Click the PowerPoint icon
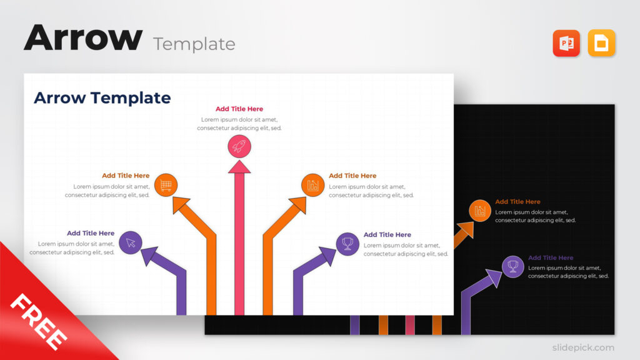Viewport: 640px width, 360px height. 566,43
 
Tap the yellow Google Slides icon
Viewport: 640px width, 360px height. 601,43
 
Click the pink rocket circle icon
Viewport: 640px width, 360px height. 239,146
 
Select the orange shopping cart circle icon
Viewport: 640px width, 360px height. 166,185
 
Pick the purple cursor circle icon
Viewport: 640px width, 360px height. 131,242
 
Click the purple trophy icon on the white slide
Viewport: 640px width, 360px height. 347,244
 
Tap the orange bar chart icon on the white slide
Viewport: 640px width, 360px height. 312,185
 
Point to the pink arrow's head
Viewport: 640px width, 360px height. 239,166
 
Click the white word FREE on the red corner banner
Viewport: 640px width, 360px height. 39,322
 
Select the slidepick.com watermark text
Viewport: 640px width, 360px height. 583,347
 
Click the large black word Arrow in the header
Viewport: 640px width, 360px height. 83,37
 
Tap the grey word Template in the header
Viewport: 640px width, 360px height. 194,44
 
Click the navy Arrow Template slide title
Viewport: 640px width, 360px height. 102,98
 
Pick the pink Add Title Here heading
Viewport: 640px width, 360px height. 239,109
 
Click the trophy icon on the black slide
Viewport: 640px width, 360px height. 512,266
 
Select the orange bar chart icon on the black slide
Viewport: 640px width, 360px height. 479,211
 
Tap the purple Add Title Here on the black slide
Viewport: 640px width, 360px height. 551,257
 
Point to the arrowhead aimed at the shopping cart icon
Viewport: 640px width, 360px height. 181,204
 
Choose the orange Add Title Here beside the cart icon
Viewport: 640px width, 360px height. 126,176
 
